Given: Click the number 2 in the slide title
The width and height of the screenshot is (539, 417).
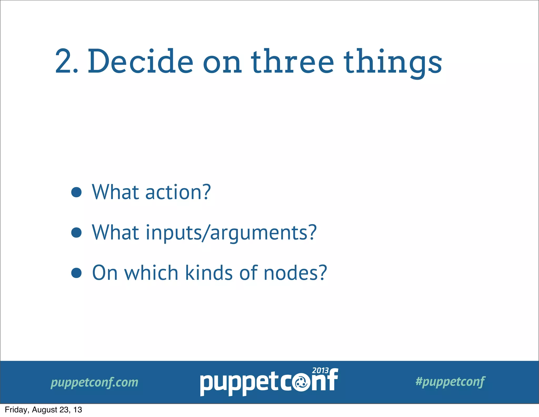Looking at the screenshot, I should pyautogui.click(x=63, y=61).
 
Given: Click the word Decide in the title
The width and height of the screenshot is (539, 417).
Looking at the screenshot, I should pyautogui.click(x=141, y=61).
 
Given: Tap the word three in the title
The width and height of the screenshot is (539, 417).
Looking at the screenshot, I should pyautogui.click(x=292, y=61).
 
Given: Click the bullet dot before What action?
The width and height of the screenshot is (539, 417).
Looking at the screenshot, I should pyautogui.click(x=76, y=192).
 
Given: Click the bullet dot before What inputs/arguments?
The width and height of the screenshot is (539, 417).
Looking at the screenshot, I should pyautogui.click(x=76, y=232).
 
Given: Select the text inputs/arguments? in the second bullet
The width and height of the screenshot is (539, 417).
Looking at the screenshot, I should pyautogui.click(x=231, y=233).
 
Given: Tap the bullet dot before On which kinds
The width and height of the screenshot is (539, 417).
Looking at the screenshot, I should pyautogui.click(x=76, y=273).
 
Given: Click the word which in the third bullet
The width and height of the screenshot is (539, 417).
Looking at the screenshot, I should pyautogui.click(x=151, y=273).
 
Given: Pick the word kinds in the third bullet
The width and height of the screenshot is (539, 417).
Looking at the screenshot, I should pyautogui.click(x=209, y=273).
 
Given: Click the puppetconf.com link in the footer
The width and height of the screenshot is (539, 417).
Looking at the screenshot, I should pyautogui.click(x=94, y=382).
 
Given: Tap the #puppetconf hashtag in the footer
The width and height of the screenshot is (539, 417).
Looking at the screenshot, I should pyautogui.click(x=450, y=382).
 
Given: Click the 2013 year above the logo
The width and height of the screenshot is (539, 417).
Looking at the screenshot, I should pyautogui.click(x=320, y=370).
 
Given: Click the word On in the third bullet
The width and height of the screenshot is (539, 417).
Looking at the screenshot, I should pyautogui.click(x=104, y=273).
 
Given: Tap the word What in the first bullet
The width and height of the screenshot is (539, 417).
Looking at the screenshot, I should pyautogui.click(x=115, y=192).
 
